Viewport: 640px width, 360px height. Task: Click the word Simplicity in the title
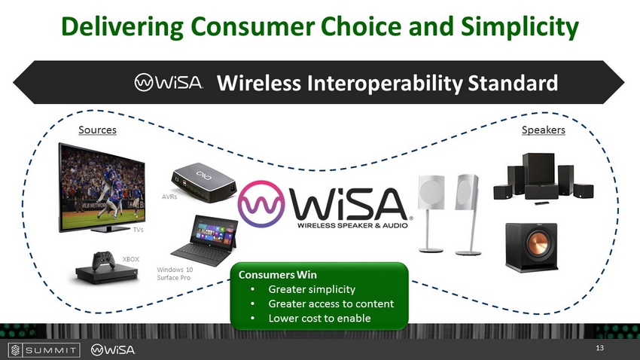520,27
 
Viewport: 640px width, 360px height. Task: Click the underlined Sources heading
97,130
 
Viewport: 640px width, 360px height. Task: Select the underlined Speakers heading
544,130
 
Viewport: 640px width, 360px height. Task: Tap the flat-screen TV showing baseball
102,188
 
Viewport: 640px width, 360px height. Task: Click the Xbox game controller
103,260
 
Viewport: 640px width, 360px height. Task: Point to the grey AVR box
203,182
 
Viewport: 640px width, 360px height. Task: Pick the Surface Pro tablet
206,240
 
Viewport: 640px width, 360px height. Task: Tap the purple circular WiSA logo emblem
261,203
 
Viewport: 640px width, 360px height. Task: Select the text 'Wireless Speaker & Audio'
352,225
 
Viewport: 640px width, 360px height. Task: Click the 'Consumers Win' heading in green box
278,275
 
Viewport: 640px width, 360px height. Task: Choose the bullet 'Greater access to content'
331,304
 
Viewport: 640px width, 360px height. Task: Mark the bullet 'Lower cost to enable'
319,318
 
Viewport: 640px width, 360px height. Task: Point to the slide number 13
599,348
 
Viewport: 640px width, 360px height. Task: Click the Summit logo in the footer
44,349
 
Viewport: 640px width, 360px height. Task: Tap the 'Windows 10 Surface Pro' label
175,273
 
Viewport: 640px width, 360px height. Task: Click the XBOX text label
130,259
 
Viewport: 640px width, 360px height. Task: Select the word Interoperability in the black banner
385,83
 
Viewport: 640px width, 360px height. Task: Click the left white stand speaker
431,213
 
